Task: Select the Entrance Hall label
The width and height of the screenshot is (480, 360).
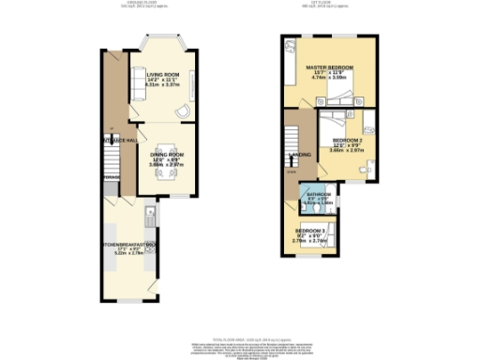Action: click(x=112, y=140)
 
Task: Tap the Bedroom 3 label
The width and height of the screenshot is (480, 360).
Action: click(x=311, y=230)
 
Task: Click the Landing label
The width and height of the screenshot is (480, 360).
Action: click(x=301, y=155)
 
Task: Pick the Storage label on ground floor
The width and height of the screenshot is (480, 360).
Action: click(x=111, y=177)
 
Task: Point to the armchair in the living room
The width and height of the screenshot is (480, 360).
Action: click(x=183, y=112)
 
